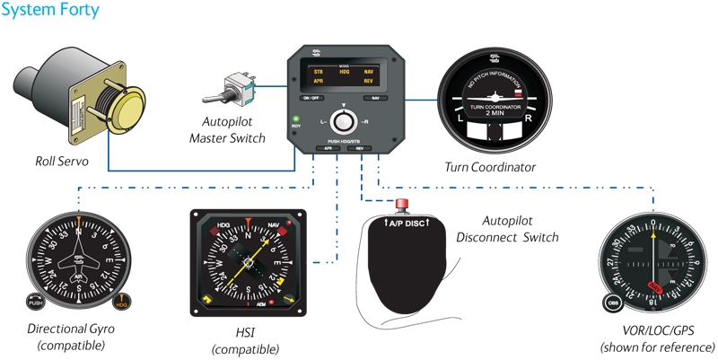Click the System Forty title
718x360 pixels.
50,12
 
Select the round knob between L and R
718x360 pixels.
341,120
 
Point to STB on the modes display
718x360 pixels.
318,70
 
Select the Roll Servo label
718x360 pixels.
51,162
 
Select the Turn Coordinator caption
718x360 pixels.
490,167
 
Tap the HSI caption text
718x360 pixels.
244,332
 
